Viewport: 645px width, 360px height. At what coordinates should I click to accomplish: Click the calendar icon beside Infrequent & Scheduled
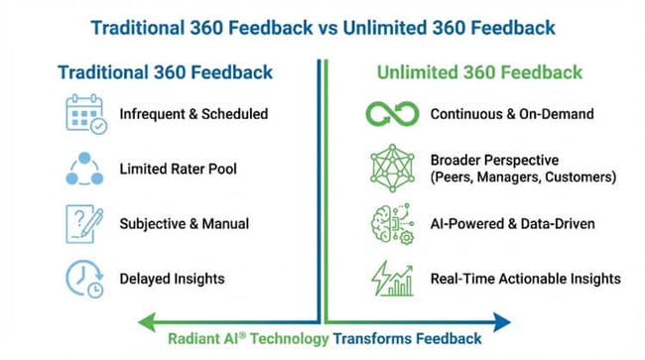[83, 113]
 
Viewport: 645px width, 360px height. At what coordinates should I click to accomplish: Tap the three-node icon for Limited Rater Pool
[83, 168]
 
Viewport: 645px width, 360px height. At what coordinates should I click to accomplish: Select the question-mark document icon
[83, 222]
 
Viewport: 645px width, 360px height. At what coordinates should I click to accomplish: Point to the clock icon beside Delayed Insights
[83, 277]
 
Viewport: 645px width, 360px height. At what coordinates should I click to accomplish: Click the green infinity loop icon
[384, 113]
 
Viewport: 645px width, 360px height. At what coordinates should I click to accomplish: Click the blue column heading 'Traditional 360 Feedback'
[165, 72]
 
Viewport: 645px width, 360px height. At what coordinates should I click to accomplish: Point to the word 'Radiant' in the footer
[193, 337]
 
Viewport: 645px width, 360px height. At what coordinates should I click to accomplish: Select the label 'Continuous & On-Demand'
[512, 114]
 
